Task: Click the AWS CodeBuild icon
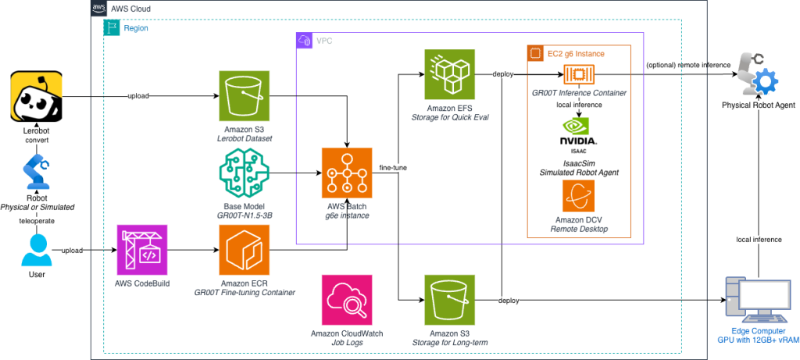tap(142, 250)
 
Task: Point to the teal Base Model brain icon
tap(244, 173)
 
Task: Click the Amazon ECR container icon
tap(244, 250)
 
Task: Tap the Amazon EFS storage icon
tap(449, 75)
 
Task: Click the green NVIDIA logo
tap(576, 126)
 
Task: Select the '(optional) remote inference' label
tap(688, 65)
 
